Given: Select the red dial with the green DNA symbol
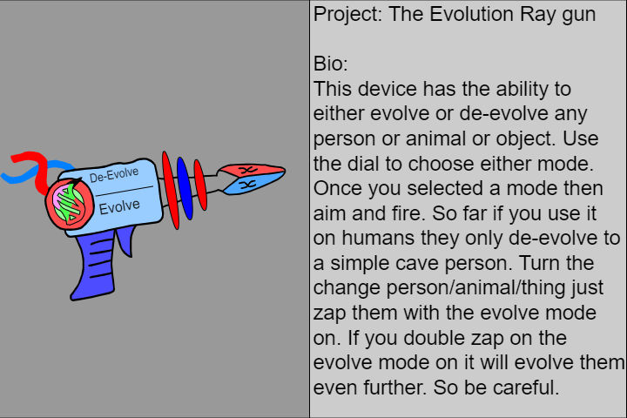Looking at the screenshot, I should click(x=70, y=205).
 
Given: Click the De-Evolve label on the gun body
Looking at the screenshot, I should click(x=113, y=176).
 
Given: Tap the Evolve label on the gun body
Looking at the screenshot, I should click(x=119, y=207).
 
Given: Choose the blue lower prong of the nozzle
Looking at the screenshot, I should click(x=250, y=185).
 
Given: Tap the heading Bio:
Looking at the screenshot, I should click(x=331, y=64).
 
